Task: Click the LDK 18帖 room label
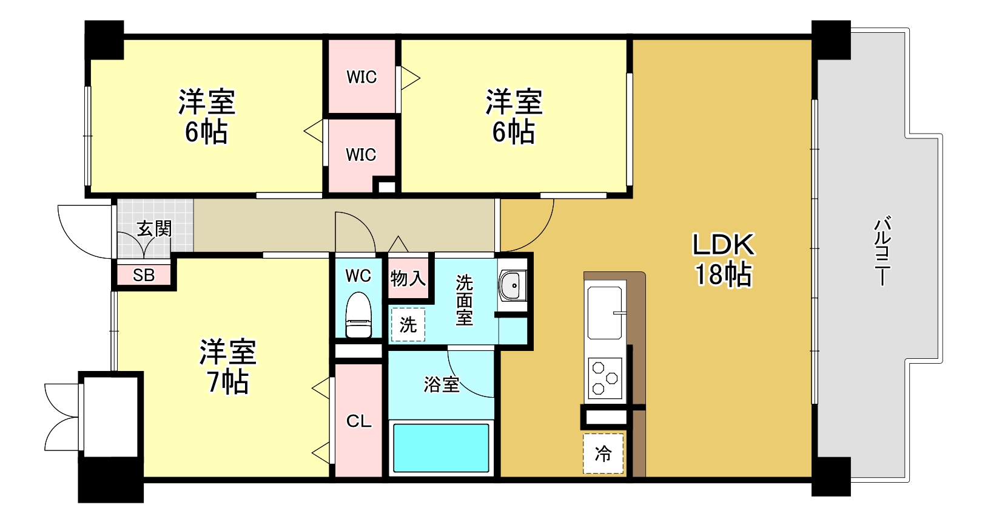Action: coord(724,260)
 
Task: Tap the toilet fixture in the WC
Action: coord(358,315)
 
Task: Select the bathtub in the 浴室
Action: coord(441,447)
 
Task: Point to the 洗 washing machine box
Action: coord(408,325)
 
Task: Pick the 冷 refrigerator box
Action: coord(603,454)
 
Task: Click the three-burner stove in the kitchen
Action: coord(605,378)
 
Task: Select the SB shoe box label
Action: coord(144,275)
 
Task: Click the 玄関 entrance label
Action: coord(154,229)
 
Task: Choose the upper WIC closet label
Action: coord(361,77)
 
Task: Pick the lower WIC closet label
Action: coord(361,155)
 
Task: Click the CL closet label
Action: coord(358,421)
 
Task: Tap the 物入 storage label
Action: coord(408,279)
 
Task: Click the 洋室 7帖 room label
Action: coord(228,367)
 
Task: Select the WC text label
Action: coord(358,276)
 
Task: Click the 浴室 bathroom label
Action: coord(441,384)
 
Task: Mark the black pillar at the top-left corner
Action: coord(104,39)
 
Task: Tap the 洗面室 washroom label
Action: coord(464,300)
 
